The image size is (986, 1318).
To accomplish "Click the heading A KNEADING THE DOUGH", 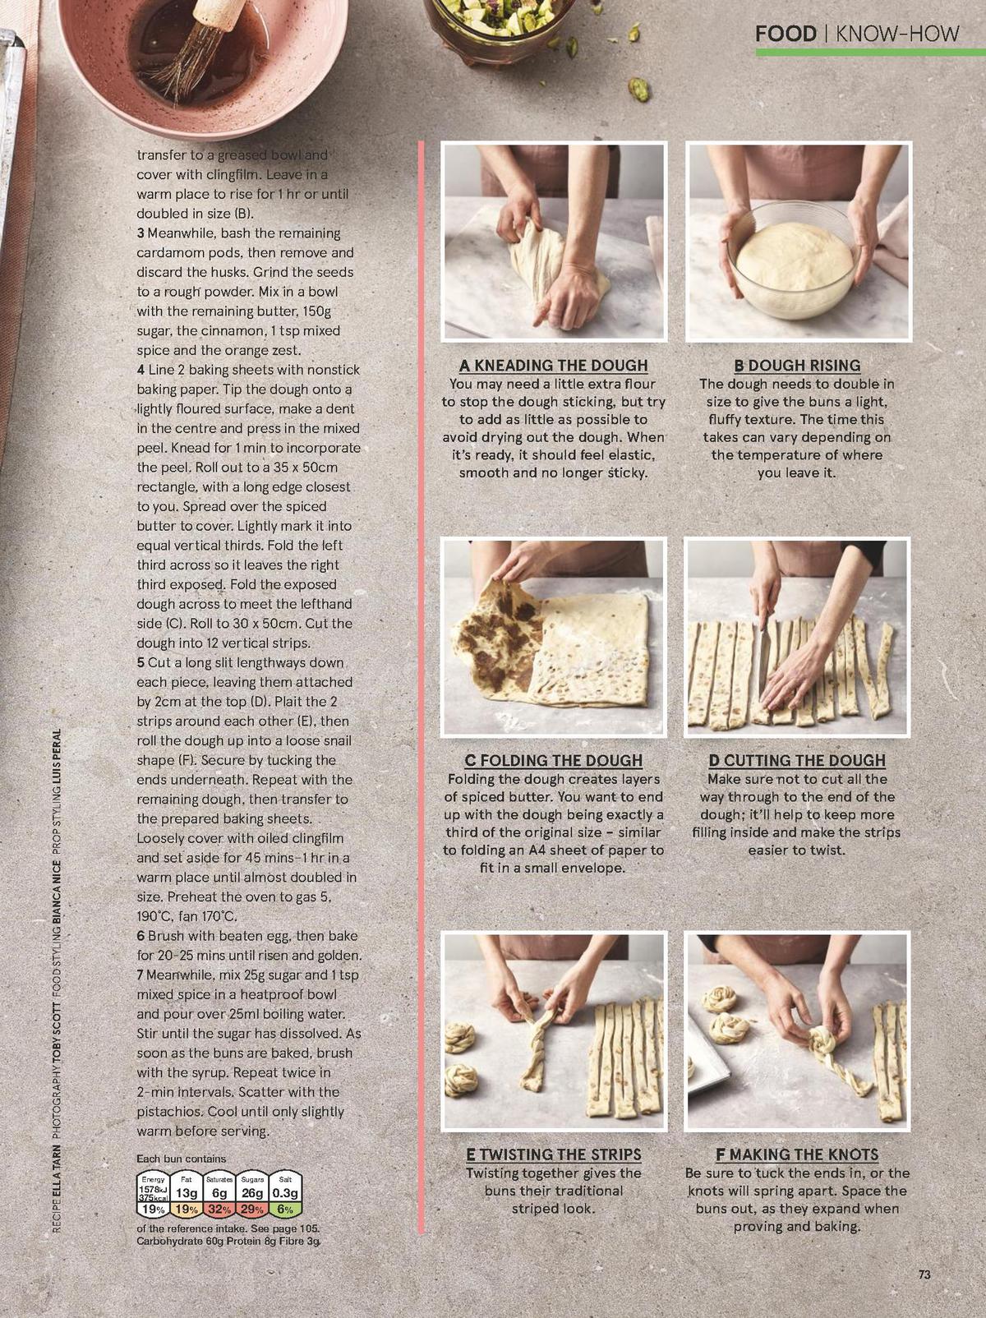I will point(553,366).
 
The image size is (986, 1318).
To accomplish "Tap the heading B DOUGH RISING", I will point(797,366).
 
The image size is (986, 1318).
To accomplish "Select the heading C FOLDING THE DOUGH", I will point(553,761).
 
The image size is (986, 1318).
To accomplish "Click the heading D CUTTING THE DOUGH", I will point(797,761).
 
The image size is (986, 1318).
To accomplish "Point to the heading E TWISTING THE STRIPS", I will point(553,1154).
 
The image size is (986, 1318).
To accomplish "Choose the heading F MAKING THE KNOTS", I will point(797,1154).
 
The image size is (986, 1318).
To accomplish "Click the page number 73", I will point(924,1274).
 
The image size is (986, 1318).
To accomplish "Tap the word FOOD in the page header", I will point(785,34).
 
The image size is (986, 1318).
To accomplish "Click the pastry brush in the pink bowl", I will point(197,49).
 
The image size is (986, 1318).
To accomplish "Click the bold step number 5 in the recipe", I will point(141,663).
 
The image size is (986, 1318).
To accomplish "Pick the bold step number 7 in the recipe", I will point(141,975).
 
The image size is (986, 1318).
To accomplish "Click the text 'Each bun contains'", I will point(181,1159).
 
